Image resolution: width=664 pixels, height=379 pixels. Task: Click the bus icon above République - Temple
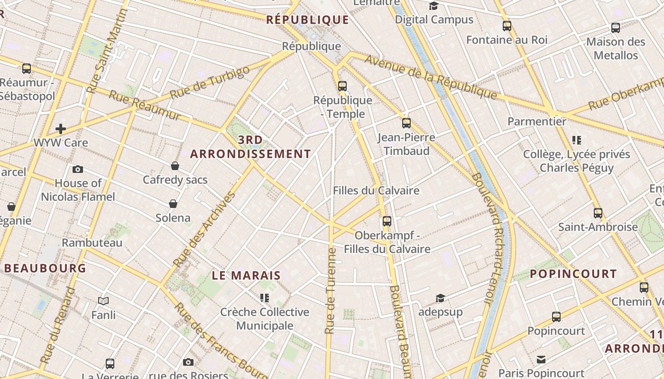click(342, 86)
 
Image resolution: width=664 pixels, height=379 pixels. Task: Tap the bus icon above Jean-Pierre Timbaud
click(406, 123)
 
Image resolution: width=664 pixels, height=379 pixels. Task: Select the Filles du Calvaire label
click(376, 190)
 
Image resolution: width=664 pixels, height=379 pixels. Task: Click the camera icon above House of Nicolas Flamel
click(78, 169)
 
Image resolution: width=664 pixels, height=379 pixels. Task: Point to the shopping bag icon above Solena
click(173, 204)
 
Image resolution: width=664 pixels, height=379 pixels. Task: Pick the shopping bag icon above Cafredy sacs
click(175, 166)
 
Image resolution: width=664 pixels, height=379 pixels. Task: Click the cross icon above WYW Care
click(61, 128)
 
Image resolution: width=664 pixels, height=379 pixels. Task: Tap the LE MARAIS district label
click(246, 275)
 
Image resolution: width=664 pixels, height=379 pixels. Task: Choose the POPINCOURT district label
click(573, 274)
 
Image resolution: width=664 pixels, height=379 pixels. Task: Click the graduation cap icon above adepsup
click(441, 298)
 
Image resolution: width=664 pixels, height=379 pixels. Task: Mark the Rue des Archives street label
click(204, 229)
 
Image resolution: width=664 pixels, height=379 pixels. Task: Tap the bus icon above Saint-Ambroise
click(598, 213)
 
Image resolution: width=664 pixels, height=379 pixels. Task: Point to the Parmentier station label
click(537, 121)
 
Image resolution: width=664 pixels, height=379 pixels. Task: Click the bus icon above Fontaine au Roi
click(507, 26)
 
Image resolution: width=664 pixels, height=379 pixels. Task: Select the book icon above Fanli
click(103, 301)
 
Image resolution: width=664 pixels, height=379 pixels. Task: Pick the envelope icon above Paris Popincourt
click(541, 360)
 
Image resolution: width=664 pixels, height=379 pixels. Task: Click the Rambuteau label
click(92, 243)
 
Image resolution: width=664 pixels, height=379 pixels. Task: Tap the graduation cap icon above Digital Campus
click(433, 6)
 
